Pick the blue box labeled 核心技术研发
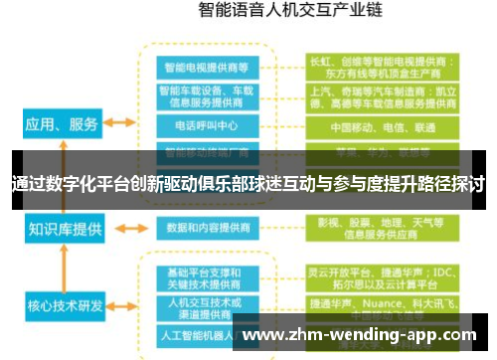(x=63, y=304)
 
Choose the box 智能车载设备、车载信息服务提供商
(x=207, y=95)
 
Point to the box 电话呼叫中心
(x=207, y=126)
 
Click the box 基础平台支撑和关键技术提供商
(x=207, y=277)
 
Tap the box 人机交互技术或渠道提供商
(x=207, y=304)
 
